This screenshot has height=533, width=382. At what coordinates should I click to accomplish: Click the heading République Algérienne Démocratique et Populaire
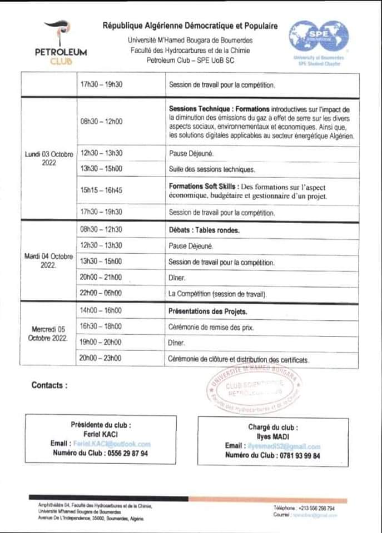click(x=190, y=26)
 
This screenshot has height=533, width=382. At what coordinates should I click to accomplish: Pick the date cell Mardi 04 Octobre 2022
click(x=49, y=260)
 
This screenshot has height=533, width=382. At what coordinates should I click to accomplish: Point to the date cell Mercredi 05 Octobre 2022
click(x=49, y=334)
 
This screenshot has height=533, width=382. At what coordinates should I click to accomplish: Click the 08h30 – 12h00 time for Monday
click(x=101, y=122)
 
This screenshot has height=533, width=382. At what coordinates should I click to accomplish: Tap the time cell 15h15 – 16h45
click(x=101, y=190)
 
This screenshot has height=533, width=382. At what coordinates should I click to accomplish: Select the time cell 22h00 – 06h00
click(x=101, y=294)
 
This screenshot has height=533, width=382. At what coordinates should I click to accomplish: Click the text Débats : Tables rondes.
click(x=204, y=229)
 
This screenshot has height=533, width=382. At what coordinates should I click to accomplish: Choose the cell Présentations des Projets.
click(x=208, y=311)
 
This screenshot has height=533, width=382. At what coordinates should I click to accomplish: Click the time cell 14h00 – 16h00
click(x=101, y=311)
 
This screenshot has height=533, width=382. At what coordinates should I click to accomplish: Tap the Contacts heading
click(x=49, y=385)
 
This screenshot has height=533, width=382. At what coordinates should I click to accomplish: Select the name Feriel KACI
click(x=101, y=434)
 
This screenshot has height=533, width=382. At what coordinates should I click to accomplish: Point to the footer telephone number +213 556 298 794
click(x=316, y=508)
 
